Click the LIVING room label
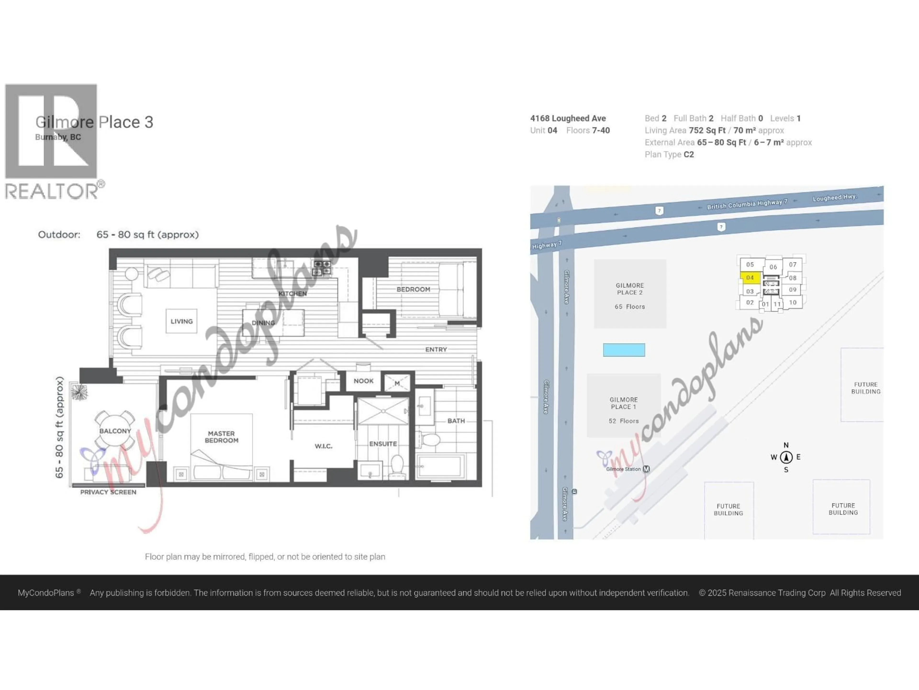182,321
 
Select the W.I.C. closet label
323,446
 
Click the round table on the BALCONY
115,431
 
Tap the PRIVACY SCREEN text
108,492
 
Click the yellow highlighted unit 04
750,277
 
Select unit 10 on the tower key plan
793,302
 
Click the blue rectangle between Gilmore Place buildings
624,350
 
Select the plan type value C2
689,154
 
